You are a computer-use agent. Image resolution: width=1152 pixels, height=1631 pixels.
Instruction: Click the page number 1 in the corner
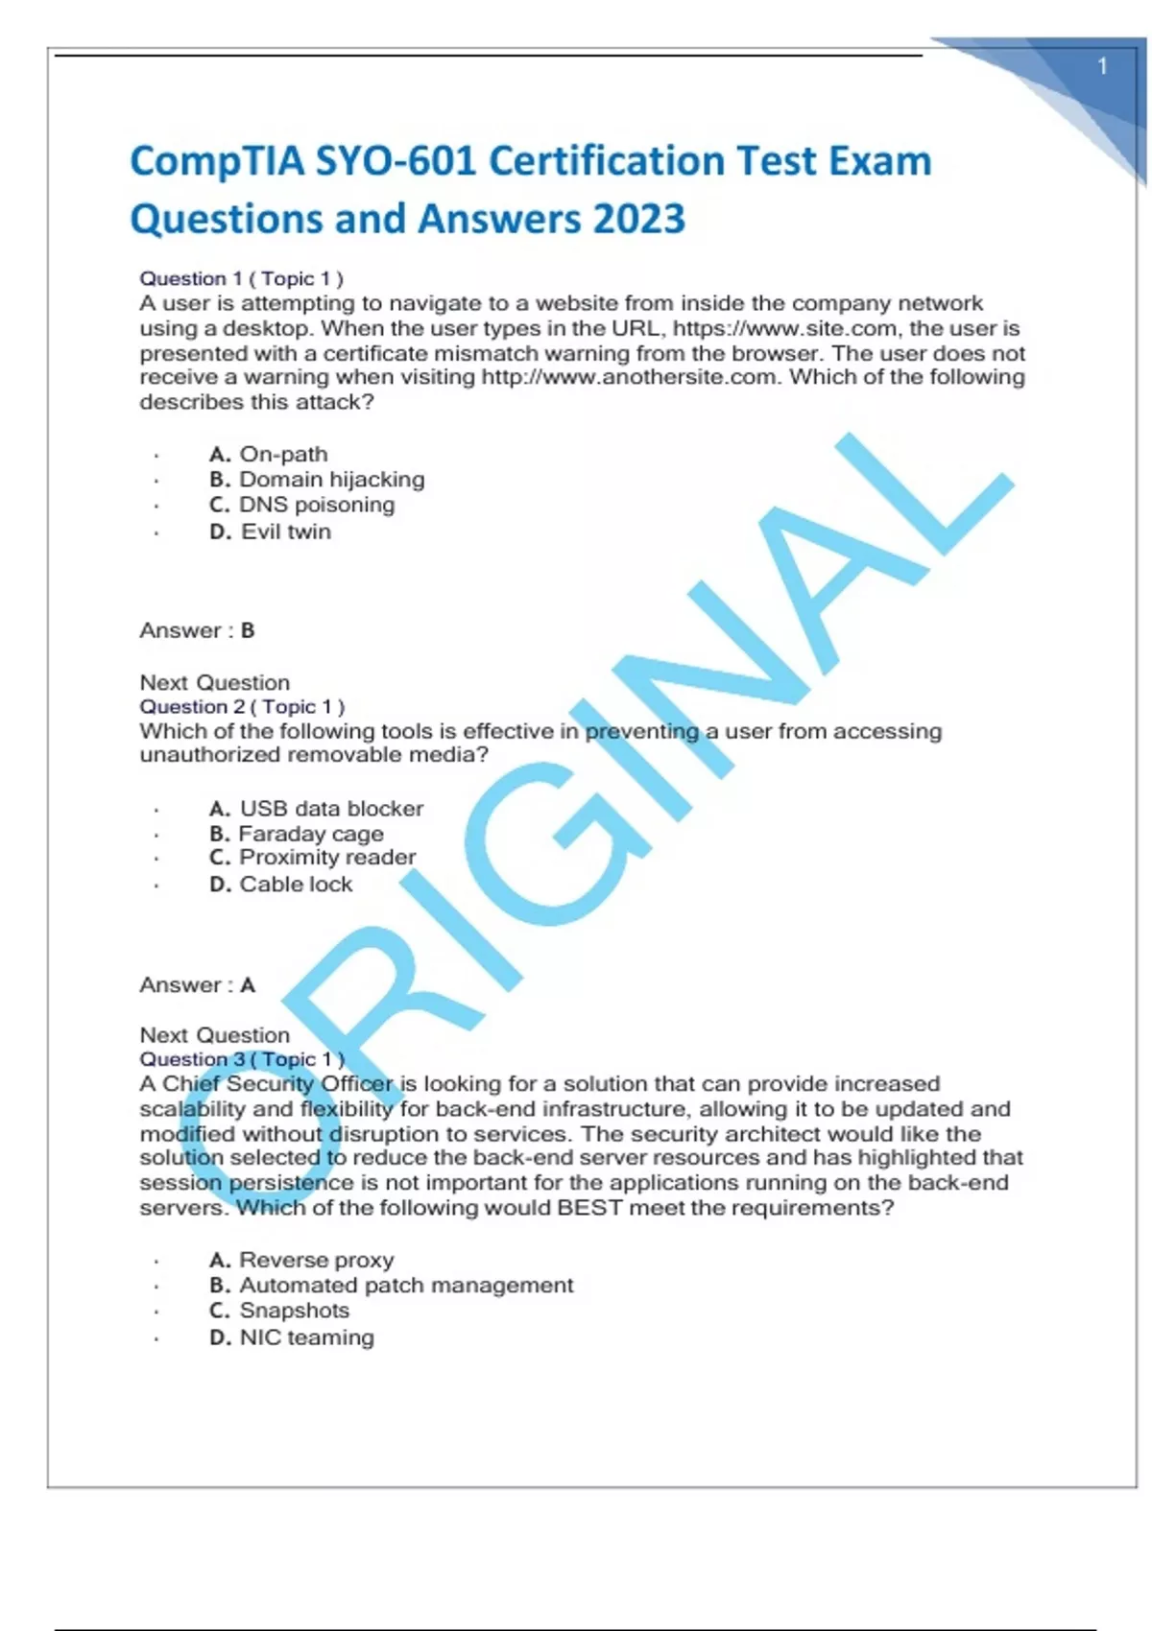(x=1102, y=66)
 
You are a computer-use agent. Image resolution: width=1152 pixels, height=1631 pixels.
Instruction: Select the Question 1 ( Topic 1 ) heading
(x=241, y=278)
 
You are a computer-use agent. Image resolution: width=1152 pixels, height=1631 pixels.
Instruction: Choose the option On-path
(x=282, y=454)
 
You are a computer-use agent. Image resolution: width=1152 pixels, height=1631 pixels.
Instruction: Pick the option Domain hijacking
(x=331, y=479)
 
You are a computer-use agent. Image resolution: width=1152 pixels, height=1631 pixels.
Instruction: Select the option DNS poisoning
(x=316, y=505)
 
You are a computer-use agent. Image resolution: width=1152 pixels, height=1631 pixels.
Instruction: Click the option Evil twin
(x=285, y=532)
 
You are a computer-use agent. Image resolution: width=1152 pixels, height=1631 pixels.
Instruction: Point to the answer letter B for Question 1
(x=248, y=630)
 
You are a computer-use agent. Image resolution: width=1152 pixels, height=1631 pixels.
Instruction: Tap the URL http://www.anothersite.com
(x=628, y=377)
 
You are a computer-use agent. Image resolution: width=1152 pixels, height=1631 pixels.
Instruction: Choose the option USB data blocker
(x=330, y=809)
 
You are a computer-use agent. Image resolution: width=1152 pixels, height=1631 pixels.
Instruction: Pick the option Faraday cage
(x=310, y=834)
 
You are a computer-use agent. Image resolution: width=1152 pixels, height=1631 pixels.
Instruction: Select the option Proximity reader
(x=326, y=858)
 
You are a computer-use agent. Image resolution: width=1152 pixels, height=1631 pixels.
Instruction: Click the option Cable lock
(x=295, y=885)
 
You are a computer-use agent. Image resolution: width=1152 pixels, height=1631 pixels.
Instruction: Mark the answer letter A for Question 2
(x=248, y=985)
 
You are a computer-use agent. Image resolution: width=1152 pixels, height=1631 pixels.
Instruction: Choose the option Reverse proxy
(x=316, y=1260)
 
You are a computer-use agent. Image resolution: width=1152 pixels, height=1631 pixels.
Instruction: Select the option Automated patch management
(x=405, y=1285)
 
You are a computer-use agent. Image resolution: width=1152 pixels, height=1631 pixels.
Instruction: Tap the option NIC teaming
(x=306, y=1337)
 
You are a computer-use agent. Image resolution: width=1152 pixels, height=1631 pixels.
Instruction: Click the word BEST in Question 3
(x=589, y=1207)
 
